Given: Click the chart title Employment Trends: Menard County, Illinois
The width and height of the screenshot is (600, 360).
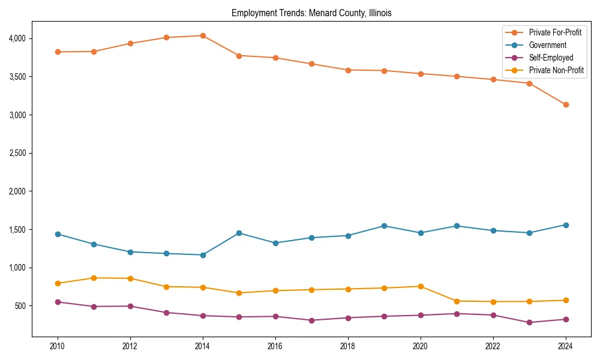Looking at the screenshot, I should click(x=311, y=13).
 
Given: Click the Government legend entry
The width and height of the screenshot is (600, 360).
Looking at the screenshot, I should click(x=547, y=45).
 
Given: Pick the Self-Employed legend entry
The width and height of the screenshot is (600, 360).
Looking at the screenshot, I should click(x=551, y=58).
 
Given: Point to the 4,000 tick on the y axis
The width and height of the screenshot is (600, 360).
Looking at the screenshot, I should click(x=17, y=38).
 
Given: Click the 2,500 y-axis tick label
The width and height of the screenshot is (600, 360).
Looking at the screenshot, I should click(x=17, y=153).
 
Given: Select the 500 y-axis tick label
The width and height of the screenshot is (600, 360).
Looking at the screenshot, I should click(x=20, y=306).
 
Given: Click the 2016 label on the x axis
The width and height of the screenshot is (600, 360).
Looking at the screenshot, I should click(x=275, y=346).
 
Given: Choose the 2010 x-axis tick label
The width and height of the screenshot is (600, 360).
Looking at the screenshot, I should click(x=58, y=346).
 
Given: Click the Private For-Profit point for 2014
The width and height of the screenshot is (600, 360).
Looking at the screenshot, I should click(x=203, y=35).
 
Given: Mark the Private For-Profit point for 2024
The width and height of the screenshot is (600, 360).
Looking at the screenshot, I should click(x=566, y=104).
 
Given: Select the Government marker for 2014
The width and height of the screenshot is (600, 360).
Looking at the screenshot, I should click(x=203, y=255).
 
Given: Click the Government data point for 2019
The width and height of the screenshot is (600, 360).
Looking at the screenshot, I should click(x=384, y=226).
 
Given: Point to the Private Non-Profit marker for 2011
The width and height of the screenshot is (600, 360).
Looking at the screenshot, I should click(x=94, y=278).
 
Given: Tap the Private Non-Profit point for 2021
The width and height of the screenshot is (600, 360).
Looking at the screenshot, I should click(x=457, y=301).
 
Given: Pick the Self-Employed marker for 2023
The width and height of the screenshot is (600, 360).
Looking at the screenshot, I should click(x=529, y=322).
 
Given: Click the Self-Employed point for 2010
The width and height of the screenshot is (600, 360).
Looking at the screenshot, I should click(x=58, y=302).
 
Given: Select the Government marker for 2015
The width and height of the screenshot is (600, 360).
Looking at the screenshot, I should click(x=239, y=233).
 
